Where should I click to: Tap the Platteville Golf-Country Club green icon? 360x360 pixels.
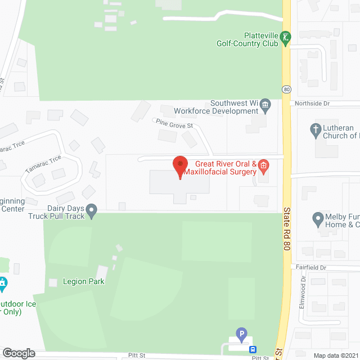pyautogui.click(x=286, y=37)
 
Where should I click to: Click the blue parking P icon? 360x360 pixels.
pyautogui.click(x=241, y=334)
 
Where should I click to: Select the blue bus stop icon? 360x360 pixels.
pyautogui.click(x=253, y=349)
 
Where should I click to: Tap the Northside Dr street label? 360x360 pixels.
pyautogui.click(x=310, y=104)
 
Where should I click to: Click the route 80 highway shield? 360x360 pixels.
pyautogui.click(x=286, y=89)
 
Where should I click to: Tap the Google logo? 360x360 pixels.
pyautogui.click(x=18, y=353)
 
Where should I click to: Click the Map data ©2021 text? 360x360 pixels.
pyautogui.click(x=335, y=355)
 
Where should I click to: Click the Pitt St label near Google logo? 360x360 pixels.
pyautogui.click(x=137, y=355)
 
